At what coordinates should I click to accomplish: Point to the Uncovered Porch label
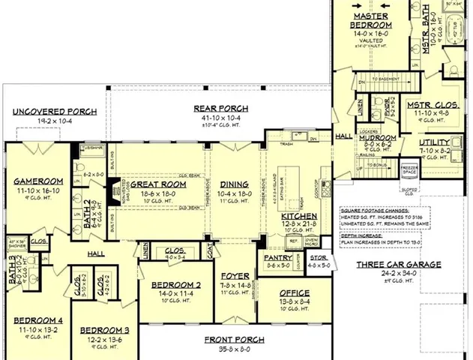tap(54, 112)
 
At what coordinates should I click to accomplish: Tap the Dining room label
tap(234, 184)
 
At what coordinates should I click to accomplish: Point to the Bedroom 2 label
tap(176, 286)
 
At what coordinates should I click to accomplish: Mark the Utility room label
tap(434, 142)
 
